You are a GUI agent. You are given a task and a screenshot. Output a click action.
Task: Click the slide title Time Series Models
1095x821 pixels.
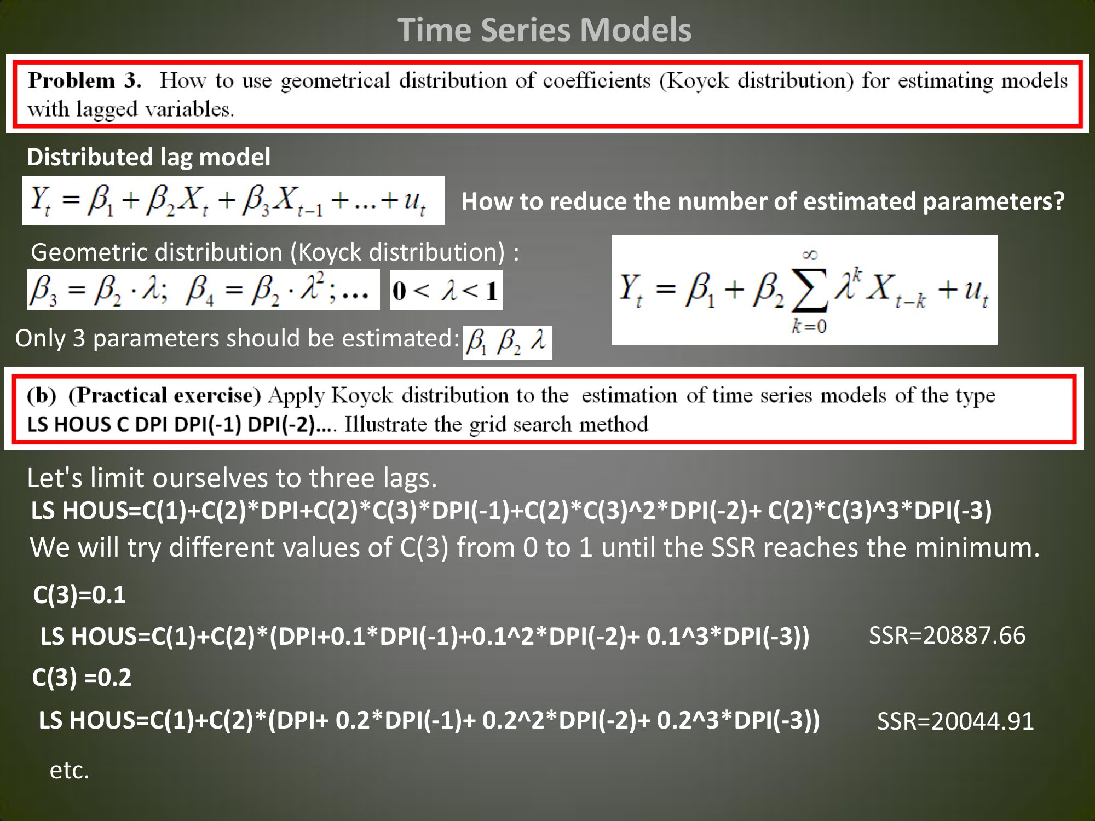coord(544,30)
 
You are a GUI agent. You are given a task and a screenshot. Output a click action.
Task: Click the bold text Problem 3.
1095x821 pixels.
coord(85,80)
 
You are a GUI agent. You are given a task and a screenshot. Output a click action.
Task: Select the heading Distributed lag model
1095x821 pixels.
coord(148,157)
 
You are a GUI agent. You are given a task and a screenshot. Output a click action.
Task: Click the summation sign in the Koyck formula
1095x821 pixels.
coord(810,291)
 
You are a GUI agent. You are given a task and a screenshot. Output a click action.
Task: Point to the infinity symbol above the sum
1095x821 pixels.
coord(810,255)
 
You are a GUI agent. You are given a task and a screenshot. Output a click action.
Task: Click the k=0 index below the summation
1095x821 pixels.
coord(809,326)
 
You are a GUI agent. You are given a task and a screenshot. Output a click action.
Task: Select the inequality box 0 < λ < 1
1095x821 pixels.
coord(446,290)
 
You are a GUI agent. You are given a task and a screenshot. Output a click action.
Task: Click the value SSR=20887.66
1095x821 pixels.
coord(947,635)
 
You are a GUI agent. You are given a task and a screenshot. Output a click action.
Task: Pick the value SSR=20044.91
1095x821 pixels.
coord(955,721)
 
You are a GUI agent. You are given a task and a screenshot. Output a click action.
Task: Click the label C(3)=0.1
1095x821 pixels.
coord(79,595)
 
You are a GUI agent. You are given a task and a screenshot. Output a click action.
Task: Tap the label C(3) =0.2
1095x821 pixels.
coord(82,678)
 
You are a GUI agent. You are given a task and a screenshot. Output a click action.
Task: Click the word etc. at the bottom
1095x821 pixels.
coord(70,770)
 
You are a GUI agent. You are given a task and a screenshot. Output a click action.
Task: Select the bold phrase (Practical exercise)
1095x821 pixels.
coord(165,395)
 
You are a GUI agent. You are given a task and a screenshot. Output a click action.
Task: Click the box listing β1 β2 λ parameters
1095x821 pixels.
coord(508,343)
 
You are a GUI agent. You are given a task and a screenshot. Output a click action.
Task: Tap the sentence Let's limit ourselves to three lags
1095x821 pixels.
coord(232,478)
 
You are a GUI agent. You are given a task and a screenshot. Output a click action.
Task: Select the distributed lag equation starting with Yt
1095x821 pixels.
coord(233,200)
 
